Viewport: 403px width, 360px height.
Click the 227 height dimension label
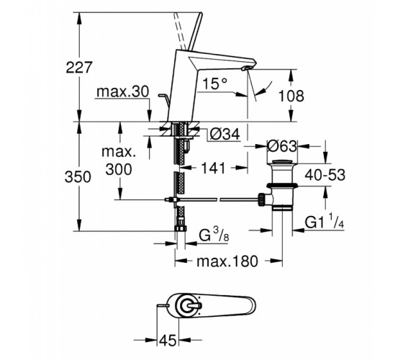tap(78, 68)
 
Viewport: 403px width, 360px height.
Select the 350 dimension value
tap(78, 177)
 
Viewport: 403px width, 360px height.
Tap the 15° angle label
tap(215, 84)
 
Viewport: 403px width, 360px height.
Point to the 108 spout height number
tap(291, 96)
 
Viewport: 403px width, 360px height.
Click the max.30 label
tap(122, 91)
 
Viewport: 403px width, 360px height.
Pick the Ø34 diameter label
tap(225, 134)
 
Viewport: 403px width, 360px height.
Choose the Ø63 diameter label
tap(282, 146)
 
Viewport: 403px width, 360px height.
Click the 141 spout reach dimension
tap(213, 168)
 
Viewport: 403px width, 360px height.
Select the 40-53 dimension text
tap(325, 175)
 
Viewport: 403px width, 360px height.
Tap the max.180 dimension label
tap(227, 261)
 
